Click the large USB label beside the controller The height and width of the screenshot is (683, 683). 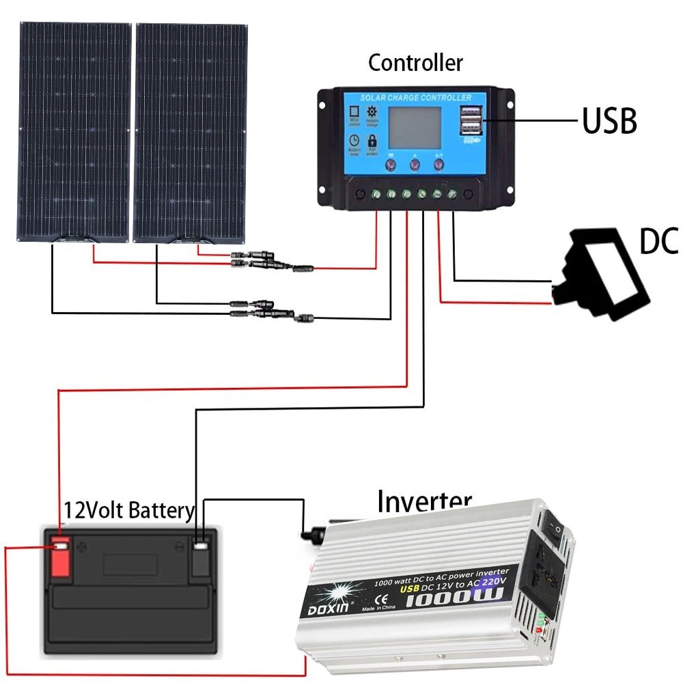point(609,121)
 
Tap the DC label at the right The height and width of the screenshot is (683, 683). point(658,241)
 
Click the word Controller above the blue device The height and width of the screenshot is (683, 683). point(415,63)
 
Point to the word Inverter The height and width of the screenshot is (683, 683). point(424,501)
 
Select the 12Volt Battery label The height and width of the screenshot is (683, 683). point(129,510)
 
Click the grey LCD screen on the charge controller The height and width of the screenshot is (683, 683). point(415,127)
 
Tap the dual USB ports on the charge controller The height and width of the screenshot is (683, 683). point(470,121)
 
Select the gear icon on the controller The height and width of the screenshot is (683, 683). point(372,112)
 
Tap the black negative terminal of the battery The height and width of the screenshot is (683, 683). point(201,557)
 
